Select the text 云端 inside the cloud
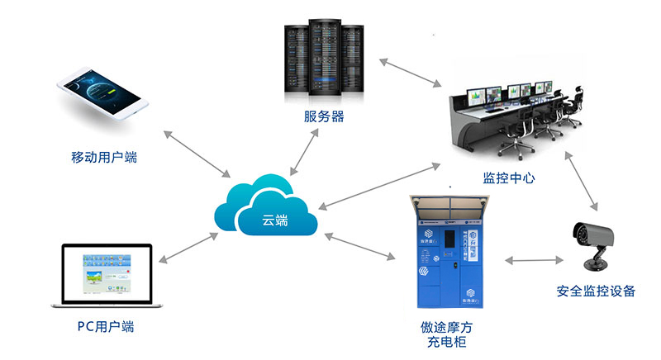pyautogui.click(x=275, y=220)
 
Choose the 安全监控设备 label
pyautogui.click(x=596, y=291)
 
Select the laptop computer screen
pyautogui.click(x=107, y=274)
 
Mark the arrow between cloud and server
pyautogui.click(x=307, y=151)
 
